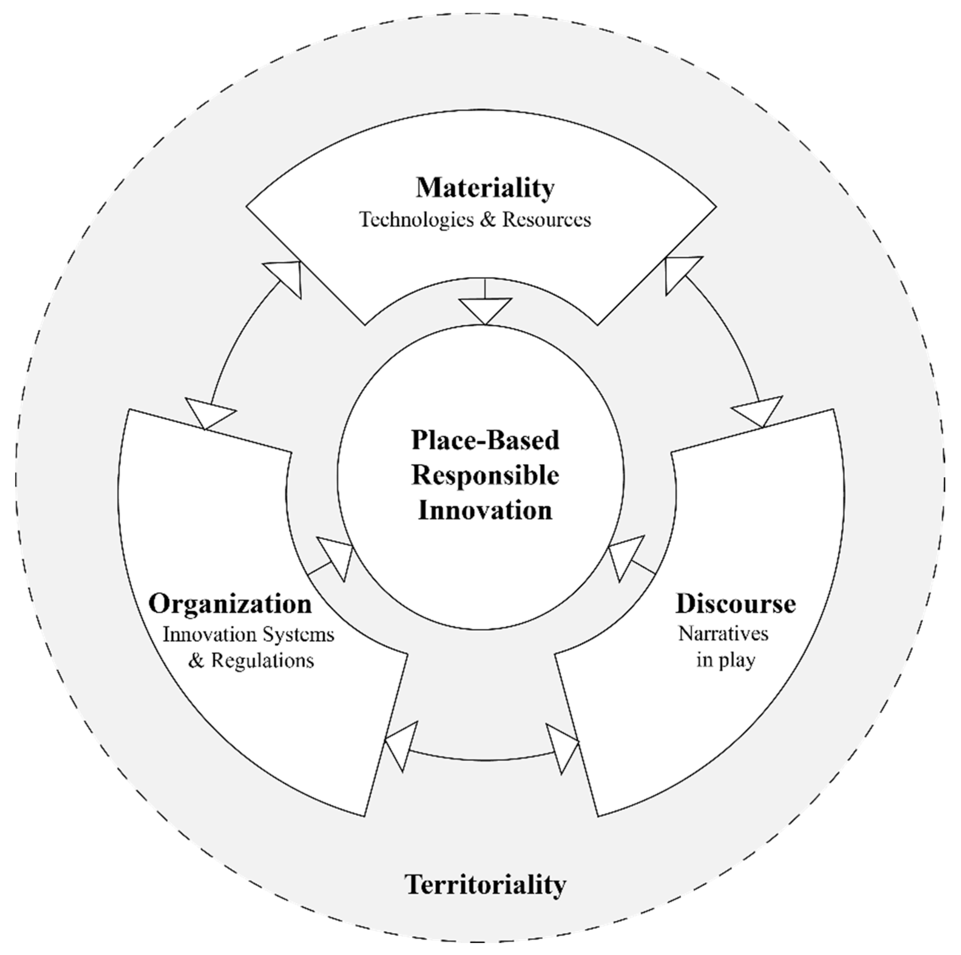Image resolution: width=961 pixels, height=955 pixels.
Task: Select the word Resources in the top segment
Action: click(x=546, y=220)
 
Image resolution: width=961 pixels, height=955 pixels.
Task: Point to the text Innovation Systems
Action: click(x=249, y=635)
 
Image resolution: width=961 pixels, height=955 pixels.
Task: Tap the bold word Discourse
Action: click(x=735, y=604)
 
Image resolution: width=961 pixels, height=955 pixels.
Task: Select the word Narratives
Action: click(x=723, y=634)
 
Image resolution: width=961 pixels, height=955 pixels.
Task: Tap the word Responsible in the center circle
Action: click(x=485, y=475)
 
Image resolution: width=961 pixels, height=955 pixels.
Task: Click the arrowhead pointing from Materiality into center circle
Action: click(x=485, y=309)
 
